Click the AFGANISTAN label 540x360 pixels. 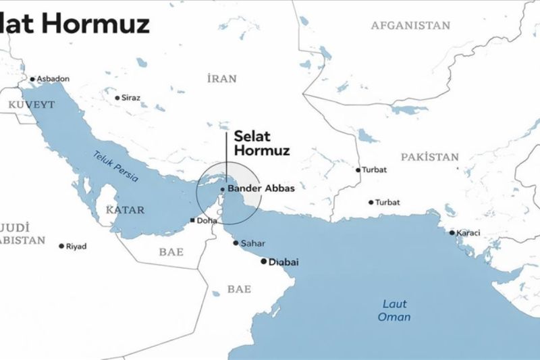click(410, 26)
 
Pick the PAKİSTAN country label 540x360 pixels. click(429, 157)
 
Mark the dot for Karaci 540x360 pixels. click(452, 233)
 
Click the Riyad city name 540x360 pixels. click(76, 247)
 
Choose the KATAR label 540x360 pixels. click(125, 210)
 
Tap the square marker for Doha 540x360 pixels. click(192, 221)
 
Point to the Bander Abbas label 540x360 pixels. click(261, 188)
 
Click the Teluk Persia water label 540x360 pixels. click(115, 165)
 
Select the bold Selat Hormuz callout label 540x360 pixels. click(261, 143)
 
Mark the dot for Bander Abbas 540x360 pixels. click(222, 189)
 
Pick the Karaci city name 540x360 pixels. click(468, 233)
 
